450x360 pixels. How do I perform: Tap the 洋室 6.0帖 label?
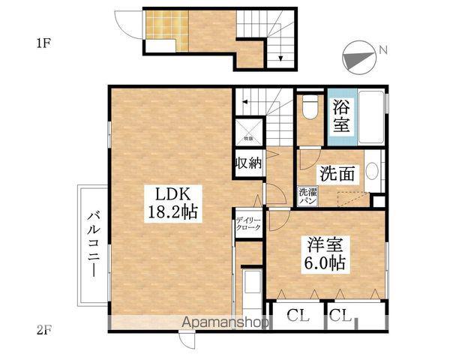(325, 253)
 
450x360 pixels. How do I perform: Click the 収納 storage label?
(248, 164)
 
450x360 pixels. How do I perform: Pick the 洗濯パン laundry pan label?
(307, 197)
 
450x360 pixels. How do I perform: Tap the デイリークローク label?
(248, 223)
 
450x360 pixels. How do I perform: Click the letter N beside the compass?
(382, 51)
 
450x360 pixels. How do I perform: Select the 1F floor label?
(43, 43)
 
